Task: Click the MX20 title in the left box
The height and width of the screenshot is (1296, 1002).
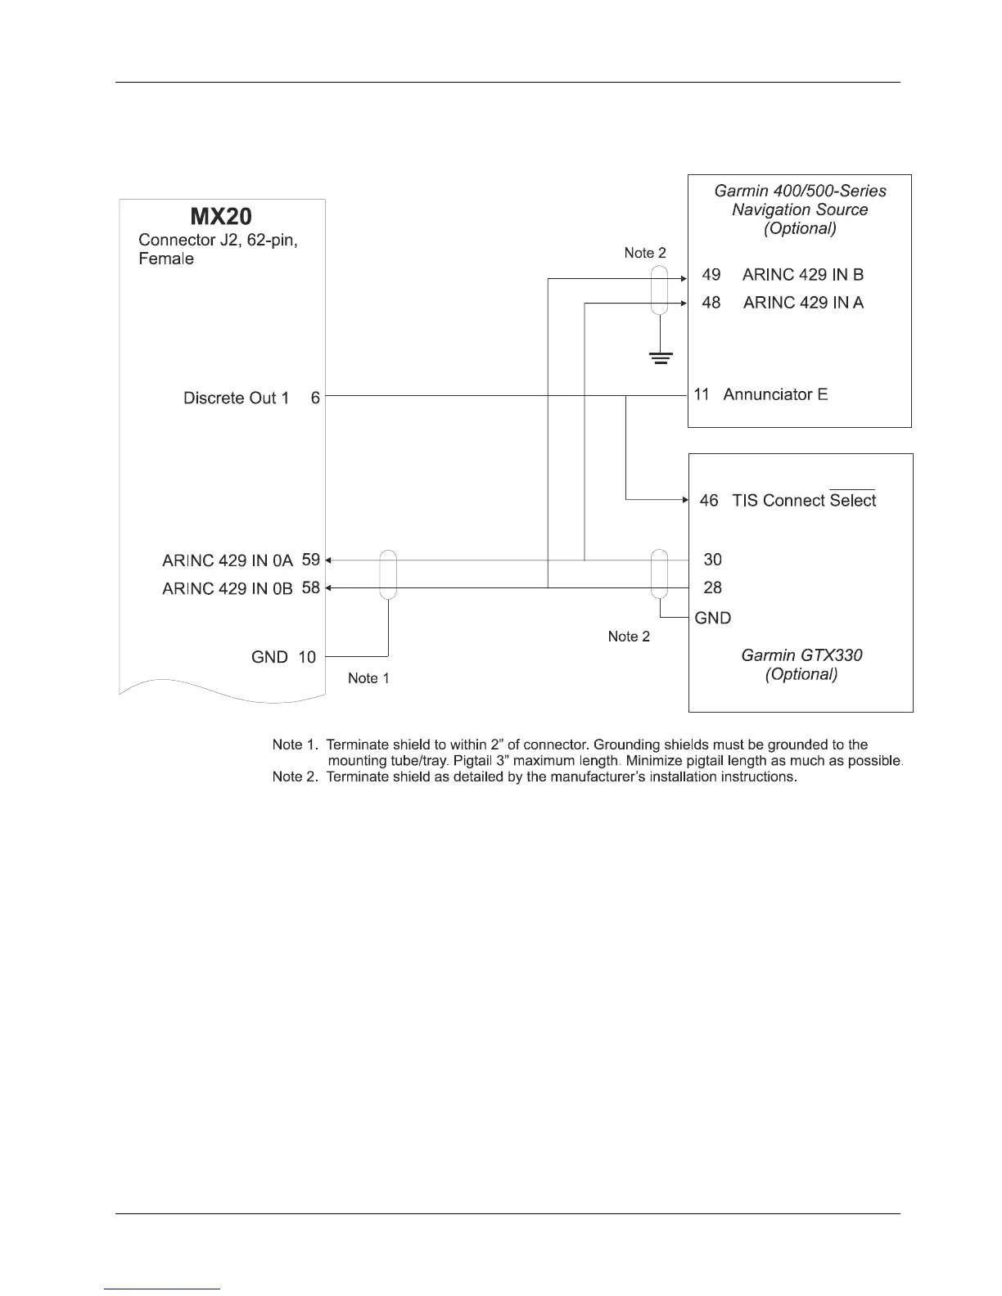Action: pos(221,217)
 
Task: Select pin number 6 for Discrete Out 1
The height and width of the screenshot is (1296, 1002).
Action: pos(315,398)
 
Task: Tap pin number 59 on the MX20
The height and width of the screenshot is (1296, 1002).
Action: pos(311,560)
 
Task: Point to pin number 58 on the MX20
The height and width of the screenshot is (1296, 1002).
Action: pos(311,587)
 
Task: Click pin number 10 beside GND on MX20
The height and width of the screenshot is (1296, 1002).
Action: pos(307,657)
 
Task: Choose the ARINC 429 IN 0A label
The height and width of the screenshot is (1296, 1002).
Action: pos(228,560)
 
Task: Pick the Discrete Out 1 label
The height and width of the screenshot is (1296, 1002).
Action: pos(236,398)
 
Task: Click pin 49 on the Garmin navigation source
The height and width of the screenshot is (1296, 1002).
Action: pos(711,275)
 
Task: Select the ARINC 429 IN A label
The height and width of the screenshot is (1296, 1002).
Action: pos(803,303)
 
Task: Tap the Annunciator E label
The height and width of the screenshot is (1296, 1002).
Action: pos(775,394)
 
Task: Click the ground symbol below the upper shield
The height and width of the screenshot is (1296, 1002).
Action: pos(660,358)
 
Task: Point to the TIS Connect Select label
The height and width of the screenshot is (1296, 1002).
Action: pos(803,501)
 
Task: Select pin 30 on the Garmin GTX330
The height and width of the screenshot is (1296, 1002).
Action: pos(713,560)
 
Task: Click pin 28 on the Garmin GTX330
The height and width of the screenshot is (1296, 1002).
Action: pos(713,587)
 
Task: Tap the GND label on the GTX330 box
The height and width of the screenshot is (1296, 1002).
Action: pos(712,618)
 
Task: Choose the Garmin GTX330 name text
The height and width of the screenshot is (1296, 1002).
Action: pos(801,655)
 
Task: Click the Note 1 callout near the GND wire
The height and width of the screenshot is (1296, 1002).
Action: pos(368,678)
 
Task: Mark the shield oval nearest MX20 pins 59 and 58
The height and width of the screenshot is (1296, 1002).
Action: pos(388,574)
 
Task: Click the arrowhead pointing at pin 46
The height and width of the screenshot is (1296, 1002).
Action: pos(684,499)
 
